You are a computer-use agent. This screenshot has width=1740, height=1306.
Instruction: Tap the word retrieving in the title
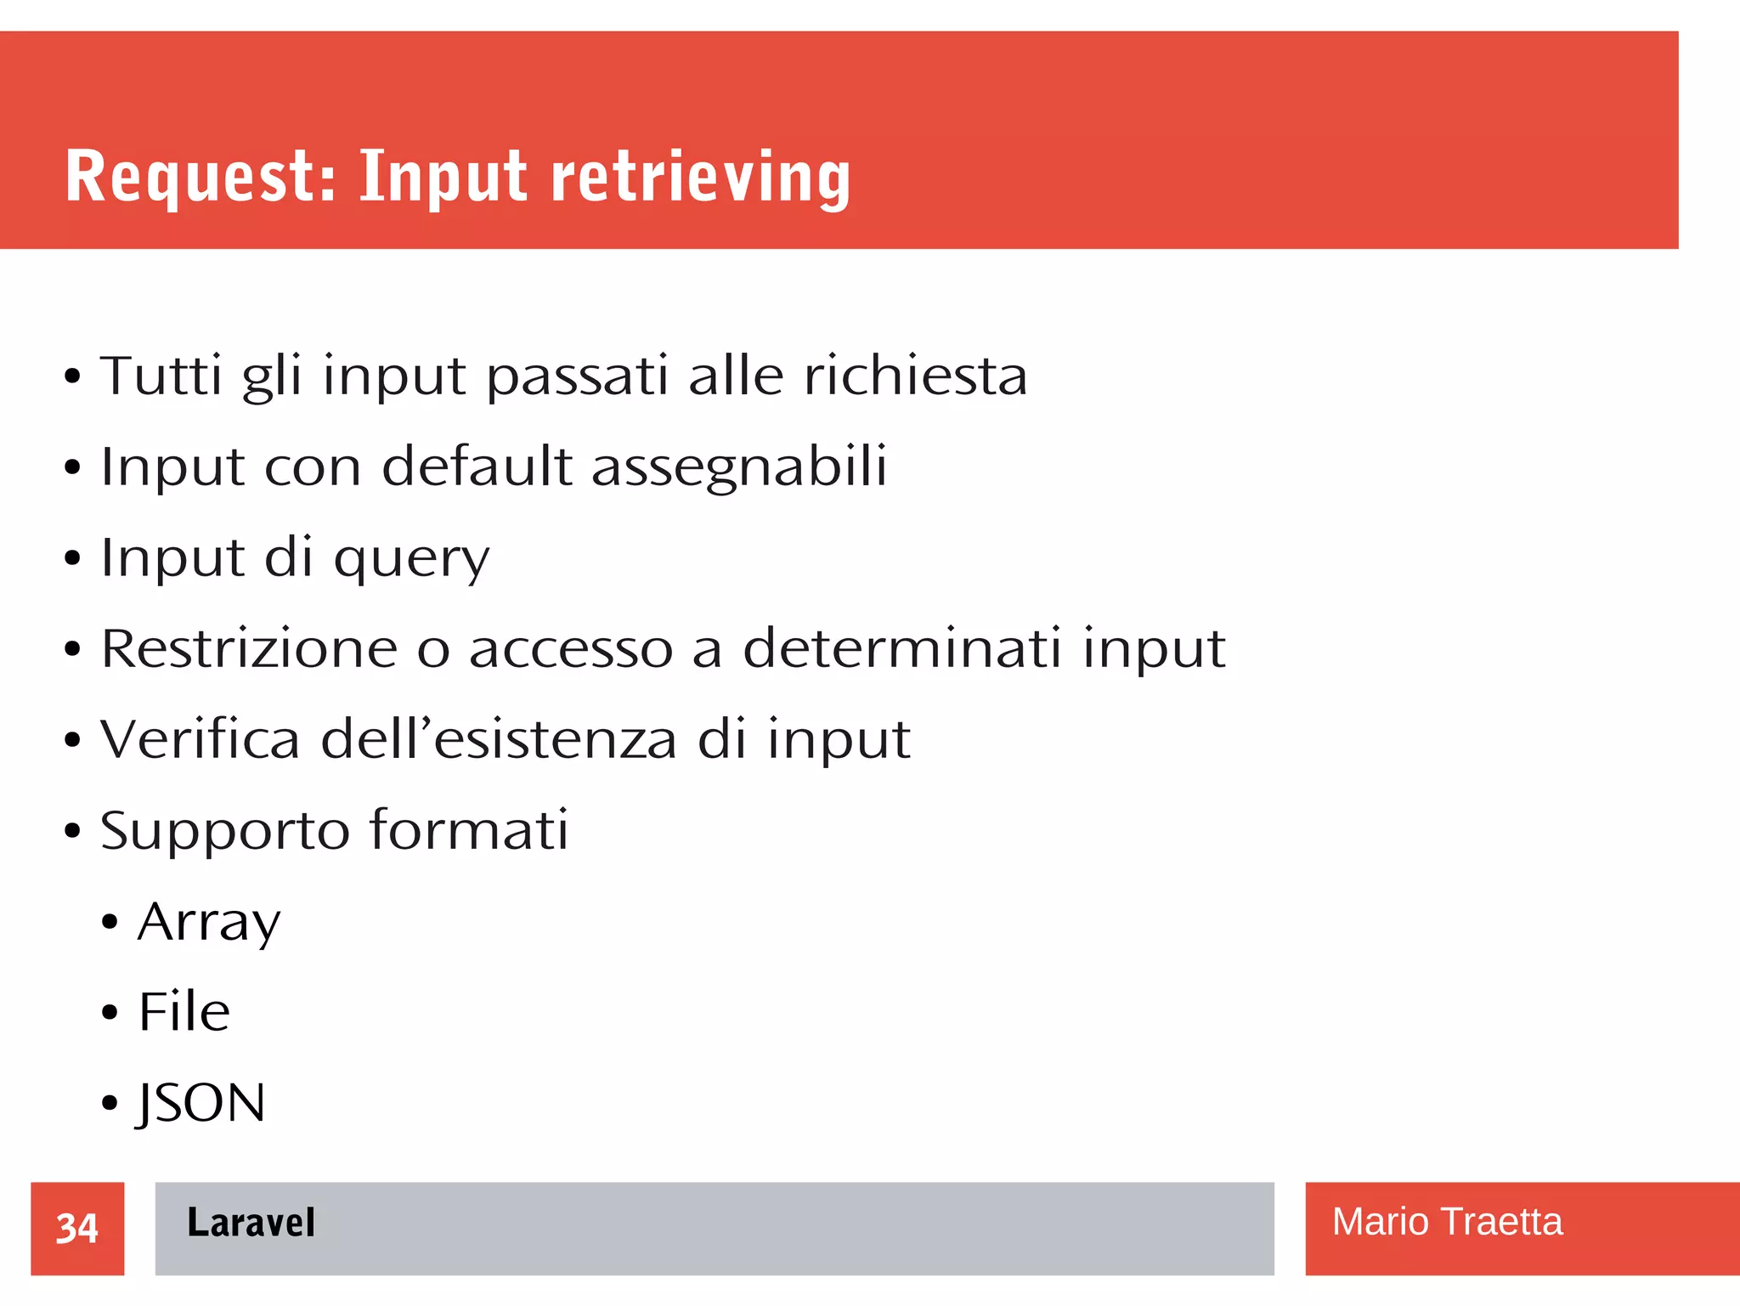701,177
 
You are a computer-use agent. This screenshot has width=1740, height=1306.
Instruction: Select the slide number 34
77,1228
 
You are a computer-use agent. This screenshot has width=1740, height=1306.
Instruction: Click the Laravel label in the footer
251,1223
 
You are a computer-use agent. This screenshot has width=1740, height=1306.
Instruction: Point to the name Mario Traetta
1446,1222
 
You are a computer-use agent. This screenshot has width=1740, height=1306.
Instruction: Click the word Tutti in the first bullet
161,376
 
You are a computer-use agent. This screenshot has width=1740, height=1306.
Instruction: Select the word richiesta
915,376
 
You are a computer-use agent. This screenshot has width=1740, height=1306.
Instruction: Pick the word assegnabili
738,467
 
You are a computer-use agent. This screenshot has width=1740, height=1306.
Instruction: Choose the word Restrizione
249,648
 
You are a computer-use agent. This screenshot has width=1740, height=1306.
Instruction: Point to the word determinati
901,648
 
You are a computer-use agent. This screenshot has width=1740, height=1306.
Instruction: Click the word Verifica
201,738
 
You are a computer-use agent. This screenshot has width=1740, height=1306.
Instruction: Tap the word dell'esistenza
499,738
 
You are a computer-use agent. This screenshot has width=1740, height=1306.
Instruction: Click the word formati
469,829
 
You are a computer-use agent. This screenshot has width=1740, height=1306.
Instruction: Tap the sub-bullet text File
184,1011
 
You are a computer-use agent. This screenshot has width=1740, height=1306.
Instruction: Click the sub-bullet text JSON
201,1103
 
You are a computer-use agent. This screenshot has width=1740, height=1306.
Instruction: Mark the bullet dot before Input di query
73,558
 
